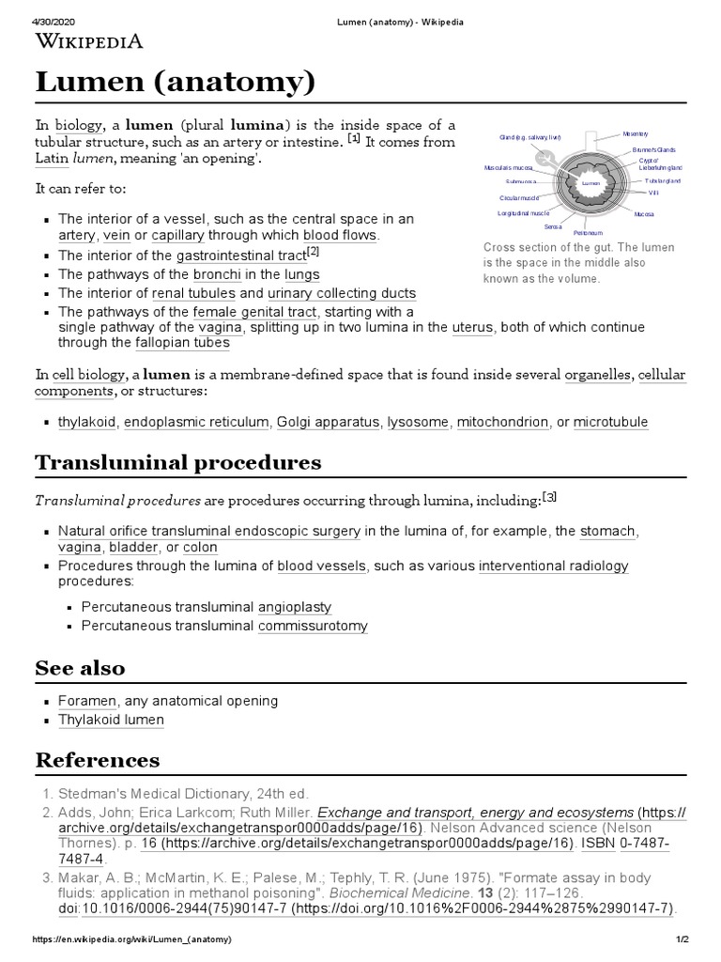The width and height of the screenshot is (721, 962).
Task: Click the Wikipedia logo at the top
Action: (89, 40)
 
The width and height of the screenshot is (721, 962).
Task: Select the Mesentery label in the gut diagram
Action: (637, 134)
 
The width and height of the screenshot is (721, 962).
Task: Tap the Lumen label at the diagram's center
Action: (590, 183)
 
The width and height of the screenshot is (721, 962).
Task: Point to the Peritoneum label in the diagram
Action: (588, 231)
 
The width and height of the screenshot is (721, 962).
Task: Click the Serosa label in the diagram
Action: (553, 226)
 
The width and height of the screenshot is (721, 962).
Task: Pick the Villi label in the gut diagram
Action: (653, 192)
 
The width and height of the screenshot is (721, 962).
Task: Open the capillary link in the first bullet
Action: (176, 235)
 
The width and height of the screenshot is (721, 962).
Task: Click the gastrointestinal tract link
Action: (241, 256)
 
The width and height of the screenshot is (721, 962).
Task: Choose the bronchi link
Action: (218, 274)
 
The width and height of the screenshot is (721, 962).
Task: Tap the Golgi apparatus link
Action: (329, 423)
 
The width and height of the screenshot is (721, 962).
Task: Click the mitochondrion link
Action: (502, 423)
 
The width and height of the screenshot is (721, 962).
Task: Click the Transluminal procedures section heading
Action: (177, 462)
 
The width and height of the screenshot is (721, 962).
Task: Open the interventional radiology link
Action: (553, 566)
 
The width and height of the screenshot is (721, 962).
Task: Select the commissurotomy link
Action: (313, 626)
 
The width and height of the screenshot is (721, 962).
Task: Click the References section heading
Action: (98, 759)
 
